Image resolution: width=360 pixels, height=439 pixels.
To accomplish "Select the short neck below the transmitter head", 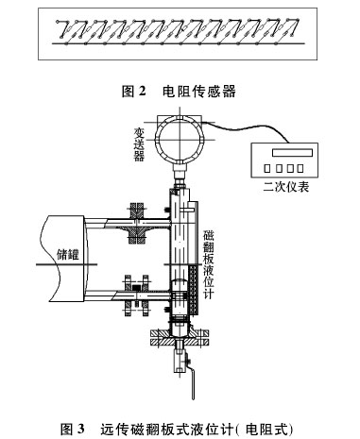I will tap(177, 171).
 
